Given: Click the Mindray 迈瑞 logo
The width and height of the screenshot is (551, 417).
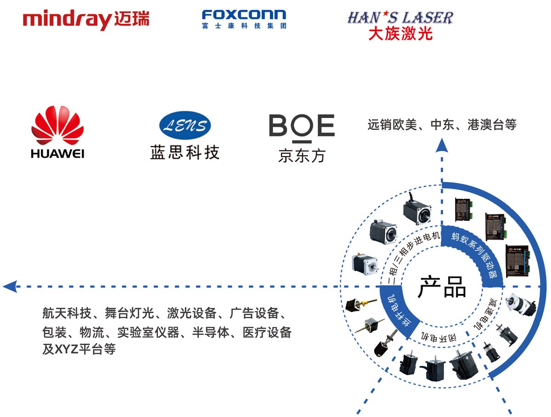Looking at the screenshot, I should (x=86, y=20).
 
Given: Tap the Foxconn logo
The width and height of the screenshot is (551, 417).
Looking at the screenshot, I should (x=244, y=19).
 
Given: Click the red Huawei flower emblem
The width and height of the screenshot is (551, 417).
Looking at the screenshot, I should (x=57, y=126).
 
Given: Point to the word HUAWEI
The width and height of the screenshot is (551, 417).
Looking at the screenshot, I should (x=57, y=153).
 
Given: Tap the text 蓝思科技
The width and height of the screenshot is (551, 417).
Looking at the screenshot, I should (x=185, y=152).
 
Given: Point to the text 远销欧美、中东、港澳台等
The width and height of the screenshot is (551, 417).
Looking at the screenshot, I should (x=442, y=124).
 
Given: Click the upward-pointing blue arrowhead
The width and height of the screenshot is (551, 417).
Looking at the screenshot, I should (x=442, y=145).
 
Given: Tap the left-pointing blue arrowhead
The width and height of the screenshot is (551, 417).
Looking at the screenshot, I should (x=10, y=287).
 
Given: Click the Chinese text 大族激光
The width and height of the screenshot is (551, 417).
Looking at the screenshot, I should (x=400, y=34).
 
